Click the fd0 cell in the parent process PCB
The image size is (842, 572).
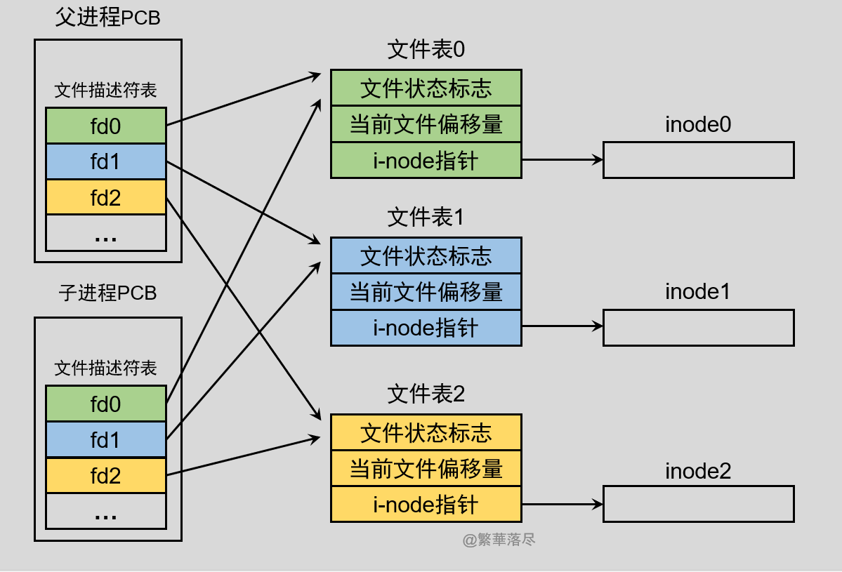coord(105,126)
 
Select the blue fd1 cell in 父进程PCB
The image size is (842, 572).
coord(105,162)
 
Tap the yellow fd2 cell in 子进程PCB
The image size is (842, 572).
coord(105,477)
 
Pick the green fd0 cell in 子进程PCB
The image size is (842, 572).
coord(105,404)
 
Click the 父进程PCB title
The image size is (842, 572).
coord(107,18)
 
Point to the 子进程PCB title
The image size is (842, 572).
coord(107,293)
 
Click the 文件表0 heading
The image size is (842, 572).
coord(426,50)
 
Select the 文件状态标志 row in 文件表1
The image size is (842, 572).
coord(426,256)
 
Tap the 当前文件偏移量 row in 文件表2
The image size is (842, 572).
coord(426,468)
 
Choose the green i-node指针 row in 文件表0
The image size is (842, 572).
coord(426,161)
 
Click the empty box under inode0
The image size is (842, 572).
coord(698,160)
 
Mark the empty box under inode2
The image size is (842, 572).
coord(698,504)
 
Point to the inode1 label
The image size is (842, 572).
coord(698,291)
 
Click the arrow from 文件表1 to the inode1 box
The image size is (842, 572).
coord(562,326)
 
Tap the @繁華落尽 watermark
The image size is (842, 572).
coord(499,540)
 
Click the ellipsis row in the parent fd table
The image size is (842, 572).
coord(105,234)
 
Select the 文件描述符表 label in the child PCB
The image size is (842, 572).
coord(105,368)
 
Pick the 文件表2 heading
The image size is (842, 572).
coord(426,394)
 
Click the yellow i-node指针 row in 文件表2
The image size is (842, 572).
coord(426,505)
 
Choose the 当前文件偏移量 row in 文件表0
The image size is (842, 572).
coord(426,124)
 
